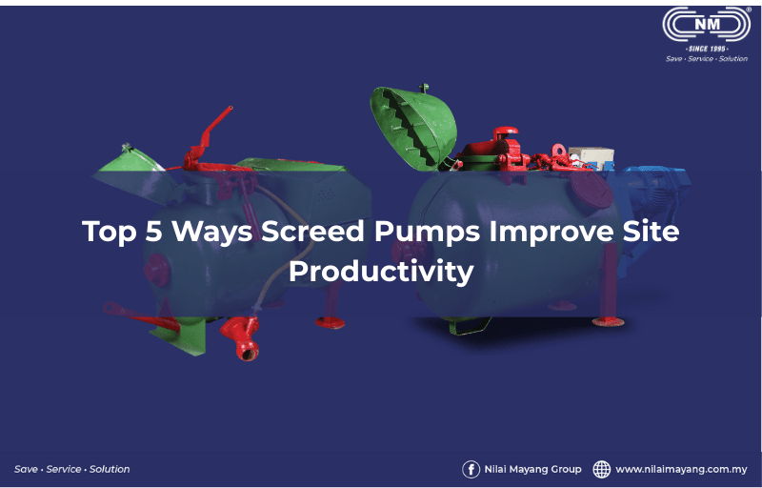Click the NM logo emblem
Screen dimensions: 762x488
(x=707, y=24)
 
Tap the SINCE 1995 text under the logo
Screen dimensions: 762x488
(x=707, y=49)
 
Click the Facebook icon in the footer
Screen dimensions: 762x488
(x=471, y=470)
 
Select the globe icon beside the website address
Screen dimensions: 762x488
(x=602, y=470)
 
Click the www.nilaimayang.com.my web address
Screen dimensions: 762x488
(x=681, y=470)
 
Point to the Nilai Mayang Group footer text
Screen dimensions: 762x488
(x=532, y=470)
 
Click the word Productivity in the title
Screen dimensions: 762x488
(x=381, y=272)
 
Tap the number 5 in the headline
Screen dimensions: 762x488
(x=153, y=232)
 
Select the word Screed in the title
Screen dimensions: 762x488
(x=312, y=232)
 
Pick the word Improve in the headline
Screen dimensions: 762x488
(x=551, y=233)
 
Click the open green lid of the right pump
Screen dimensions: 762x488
(x=413, y=128)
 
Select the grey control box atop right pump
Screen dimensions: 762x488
(x=591, y=158)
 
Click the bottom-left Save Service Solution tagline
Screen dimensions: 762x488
(x=72, y=470)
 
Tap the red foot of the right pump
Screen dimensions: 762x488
(x=608, y=321)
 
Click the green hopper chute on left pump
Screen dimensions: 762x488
(x=135, y=173)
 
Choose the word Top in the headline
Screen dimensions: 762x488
(x=110, y=233)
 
